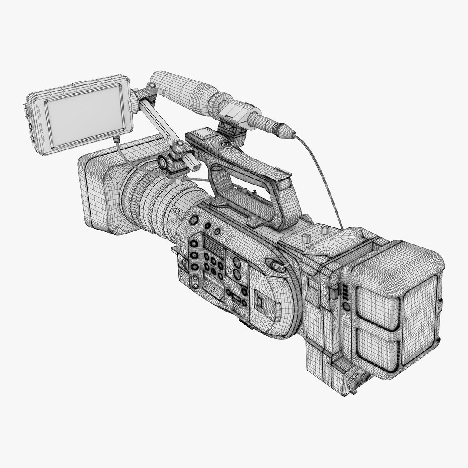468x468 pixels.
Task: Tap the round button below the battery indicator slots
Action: (x=345, y=306)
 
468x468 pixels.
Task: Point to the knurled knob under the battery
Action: (x=352, y=372)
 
